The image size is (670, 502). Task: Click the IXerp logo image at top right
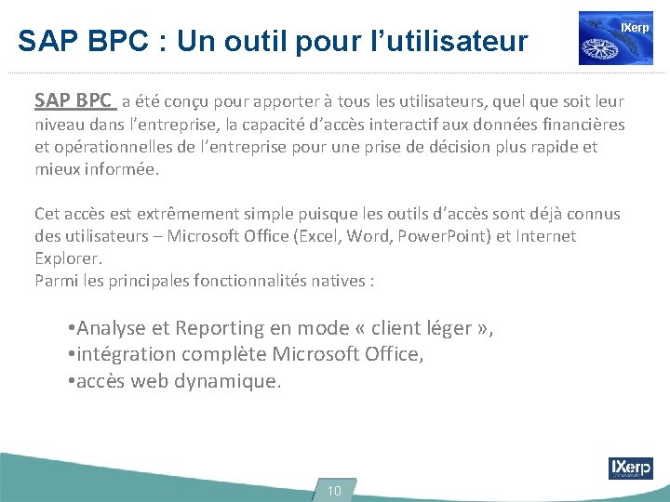[x=615, y=38]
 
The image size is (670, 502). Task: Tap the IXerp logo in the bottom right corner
[x=630, y=468]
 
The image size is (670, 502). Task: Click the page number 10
[x=335, y=491]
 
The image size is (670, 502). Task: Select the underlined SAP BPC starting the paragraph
[x=74, y=100]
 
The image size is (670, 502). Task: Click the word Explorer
[x=68, y=258]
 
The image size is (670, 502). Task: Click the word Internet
[x=545, y=236]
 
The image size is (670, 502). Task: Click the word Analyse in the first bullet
[x=110, y=328]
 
